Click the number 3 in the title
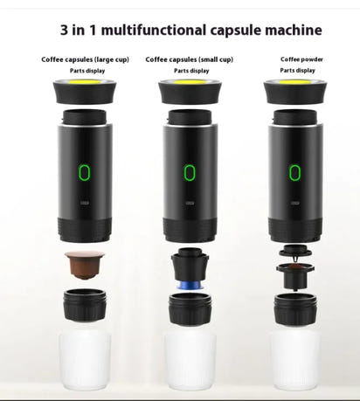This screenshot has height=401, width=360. (66, 30)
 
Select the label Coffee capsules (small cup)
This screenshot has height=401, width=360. (190, 59)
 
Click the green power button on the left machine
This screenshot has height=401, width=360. (84, 172)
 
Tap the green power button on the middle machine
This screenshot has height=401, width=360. (189, 172)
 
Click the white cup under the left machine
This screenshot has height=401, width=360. (84, 358)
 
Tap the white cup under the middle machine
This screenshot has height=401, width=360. (189, 358)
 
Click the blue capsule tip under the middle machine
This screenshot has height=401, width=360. (189, 284)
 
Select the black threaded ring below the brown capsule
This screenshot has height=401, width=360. (84, 307)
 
